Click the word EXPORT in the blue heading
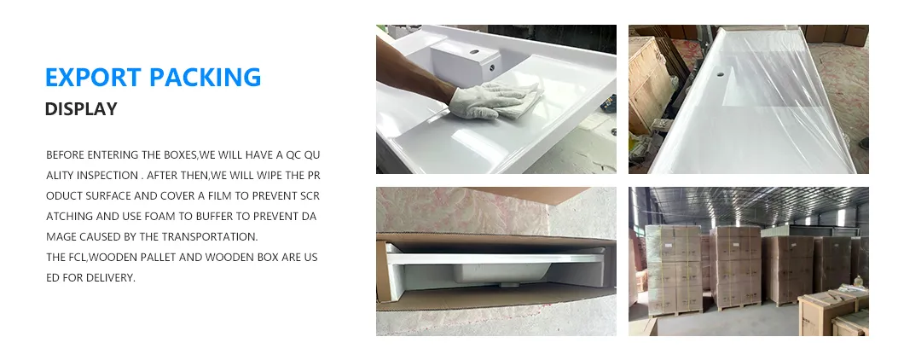93,77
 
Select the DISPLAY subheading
80,109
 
